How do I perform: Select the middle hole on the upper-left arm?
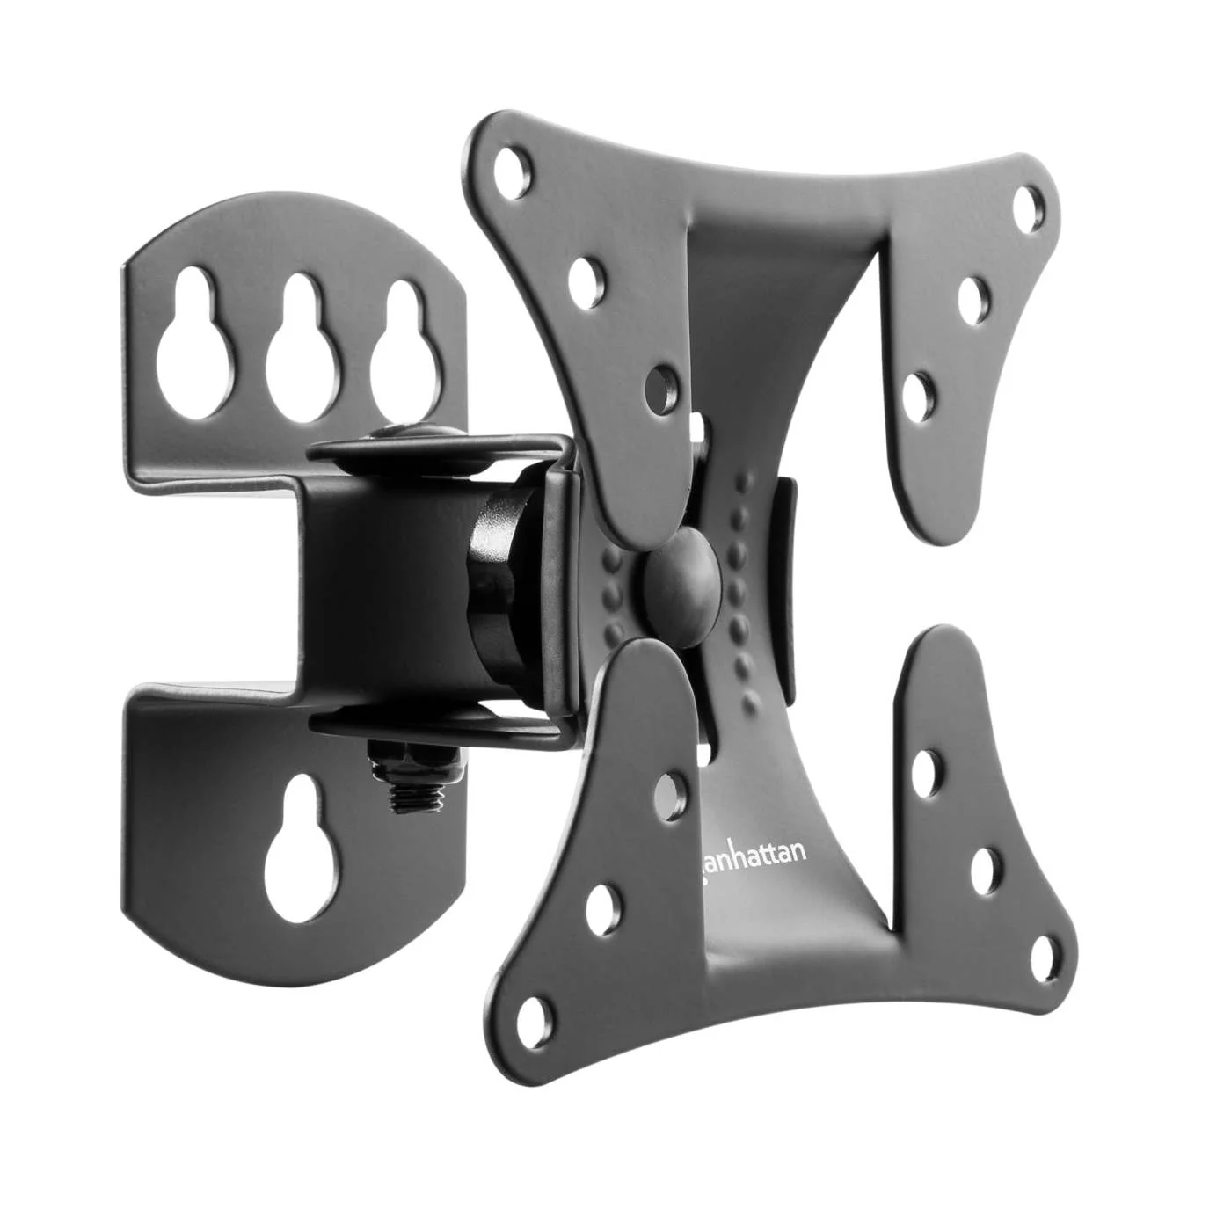pos(582,280)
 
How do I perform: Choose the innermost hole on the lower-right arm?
pos(925,769)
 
